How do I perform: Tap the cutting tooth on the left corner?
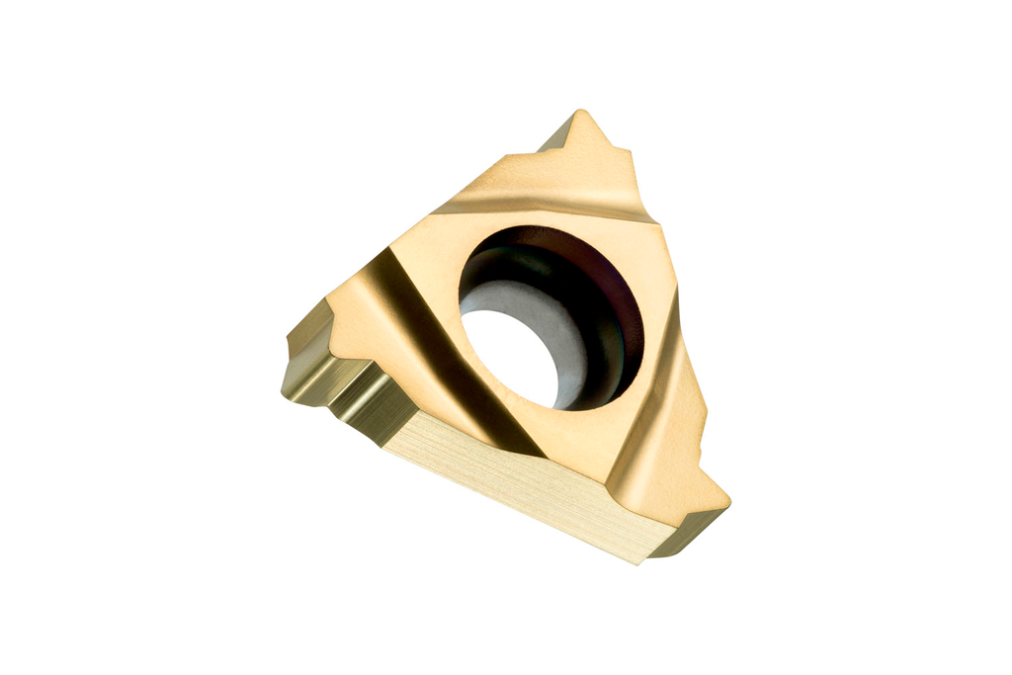click(301, 341)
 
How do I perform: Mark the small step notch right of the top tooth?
click(625, 158)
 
